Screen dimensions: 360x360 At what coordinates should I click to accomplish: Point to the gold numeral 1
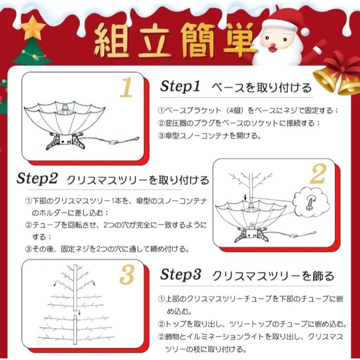[126, 88]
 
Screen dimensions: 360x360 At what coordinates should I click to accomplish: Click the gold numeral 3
[126, 275]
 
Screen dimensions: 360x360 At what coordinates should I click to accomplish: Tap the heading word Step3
[181, 275]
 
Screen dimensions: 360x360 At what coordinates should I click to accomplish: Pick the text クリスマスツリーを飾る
[274, 276]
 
